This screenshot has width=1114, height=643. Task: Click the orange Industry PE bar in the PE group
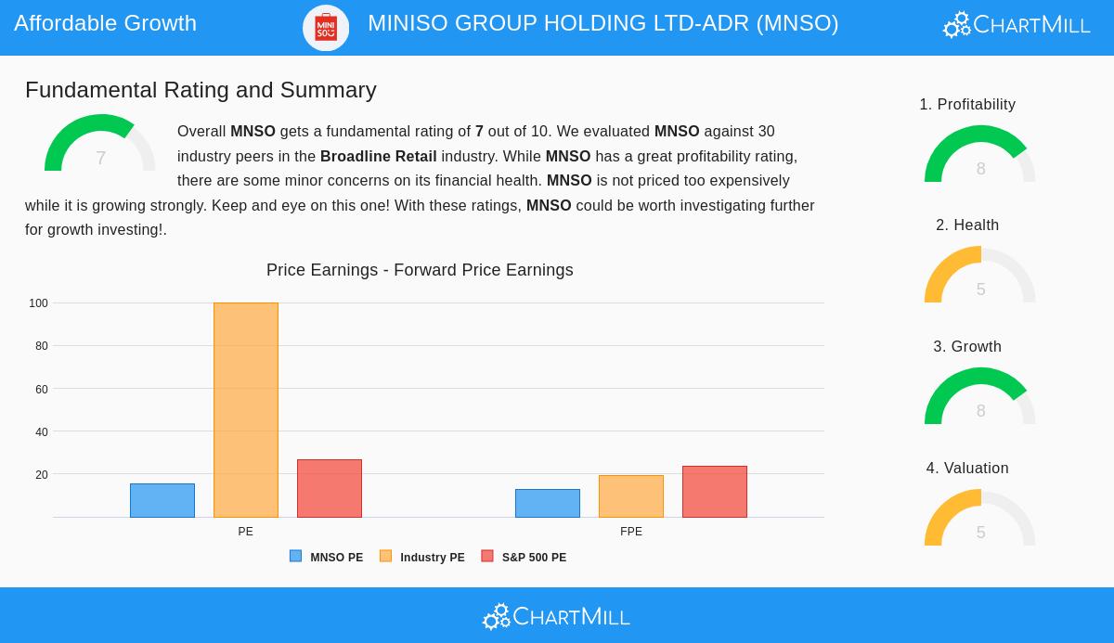pos(245,409)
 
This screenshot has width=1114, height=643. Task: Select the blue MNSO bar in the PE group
pos(162,500)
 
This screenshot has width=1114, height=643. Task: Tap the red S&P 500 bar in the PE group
pos(329,488)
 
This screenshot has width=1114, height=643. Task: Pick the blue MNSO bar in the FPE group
pos(547,503)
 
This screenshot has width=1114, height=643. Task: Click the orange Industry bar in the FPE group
pos(630,496)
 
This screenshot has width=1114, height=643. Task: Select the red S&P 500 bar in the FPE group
pos(714,492)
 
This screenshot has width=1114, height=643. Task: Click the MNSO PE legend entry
pos(327,557)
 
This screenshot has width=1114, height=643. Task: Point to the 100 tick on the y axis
pos(38,303)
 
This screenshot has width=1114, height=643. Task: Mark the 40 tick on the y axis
pos(41,432)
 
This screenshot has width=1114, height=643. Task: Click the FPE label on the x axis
pos(630,532)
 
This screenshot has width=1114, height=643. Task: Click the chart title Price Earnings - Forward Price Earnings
pos(420,270)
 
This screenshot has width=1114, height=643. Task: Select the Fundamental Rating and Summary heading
pos(201,90)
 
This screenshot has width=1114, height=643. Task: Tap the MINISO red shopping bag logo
pos(326,27)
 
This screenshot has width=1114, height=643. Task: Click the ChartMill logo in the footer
pos(556,616)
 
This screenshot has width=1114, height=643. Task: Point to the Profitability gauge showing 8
pos(979,156)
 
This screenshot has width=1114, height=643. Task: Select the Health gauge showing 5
pos(979,276)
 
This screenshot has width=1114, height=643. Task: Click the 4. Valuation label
pos(966,469)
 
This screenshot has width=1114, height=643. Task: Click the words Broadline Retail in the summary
pos(378,156)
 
